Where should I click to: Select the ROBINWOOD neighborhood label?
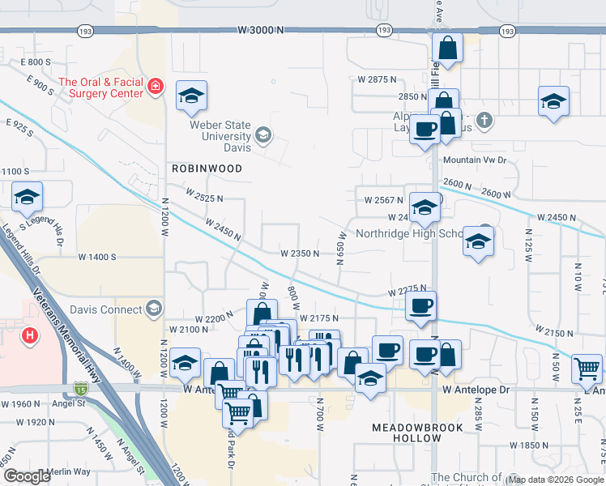pyautogui.click(x=207, y=168)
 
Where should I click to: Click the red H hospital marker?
pyautogui.click(x=30, y=335)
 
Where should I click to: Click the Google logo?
pyautogui.click(x=28, y=476)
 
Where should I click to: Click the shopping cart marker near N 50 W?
pyautogui.click(x=587, y=369)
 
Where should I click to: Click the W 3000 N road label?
pyautogui.click(x=262, y=30)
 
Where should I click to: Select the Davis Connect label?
pyautogui.click(x=105, y=309)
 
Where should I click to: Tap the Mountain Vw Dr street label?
pyautogui.click(x=474, y=160)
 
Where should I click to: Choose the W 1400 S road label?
pyautogui.click(x=97, y=257)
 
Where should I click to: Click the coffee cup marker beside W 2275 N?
pyautogui.click(x=420, y=307)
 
